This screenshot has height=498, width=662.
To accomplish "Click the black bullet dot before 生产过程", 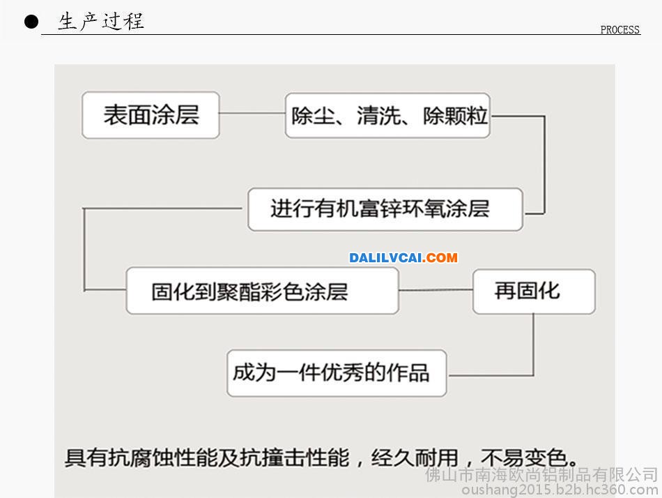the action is [x=31, y=22].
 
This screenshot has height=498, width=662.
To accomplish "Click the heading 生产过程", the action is [x=101, y=21].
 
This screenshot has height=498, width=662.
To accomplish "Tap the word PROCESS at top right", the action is [x=619, y=29].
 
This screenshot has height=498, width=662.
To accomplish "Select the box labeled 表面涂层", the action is [x=151, y=115].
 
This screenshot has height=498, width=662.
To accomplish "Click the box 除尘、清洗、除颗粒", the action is [x=387, y=115].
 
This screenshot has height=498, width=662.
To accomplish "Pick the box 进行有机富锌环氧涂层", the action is [x=385, y=209].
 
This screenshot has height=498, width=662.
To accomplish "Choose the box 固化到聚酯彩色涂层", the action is [x=262, y=291].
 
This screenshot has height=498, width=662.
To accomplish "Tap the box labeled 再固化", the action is [x=534, y=292].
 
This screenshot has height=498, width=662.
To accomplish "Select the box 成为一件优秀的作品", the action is [x=337, y=373].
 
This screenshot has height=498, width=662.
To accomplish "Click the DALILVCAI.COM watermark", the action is [x=403, y=257].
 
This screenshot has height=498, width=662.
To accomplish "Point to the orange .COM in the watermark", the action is [x=440, y=257].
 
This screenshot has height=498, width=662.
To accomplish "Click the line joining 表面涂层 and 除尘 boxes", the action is [x=252, y=113].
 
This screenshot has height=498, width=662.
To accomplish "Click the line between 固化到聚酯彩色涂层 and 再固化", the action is [x=436, y=290].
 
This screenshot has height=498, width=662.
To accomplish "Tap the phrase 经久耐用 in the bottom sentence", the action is [x=415, y=458].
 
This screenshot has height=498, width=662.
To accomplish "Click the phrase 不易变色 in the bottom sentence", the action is [x=524, y=458].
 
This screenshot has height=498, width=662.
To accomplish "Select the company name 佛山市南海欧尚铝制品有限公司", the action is [x=541, y=475].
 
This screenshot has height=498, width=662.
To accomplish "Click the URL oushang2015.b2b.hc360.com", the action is [x=560, y=490].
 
